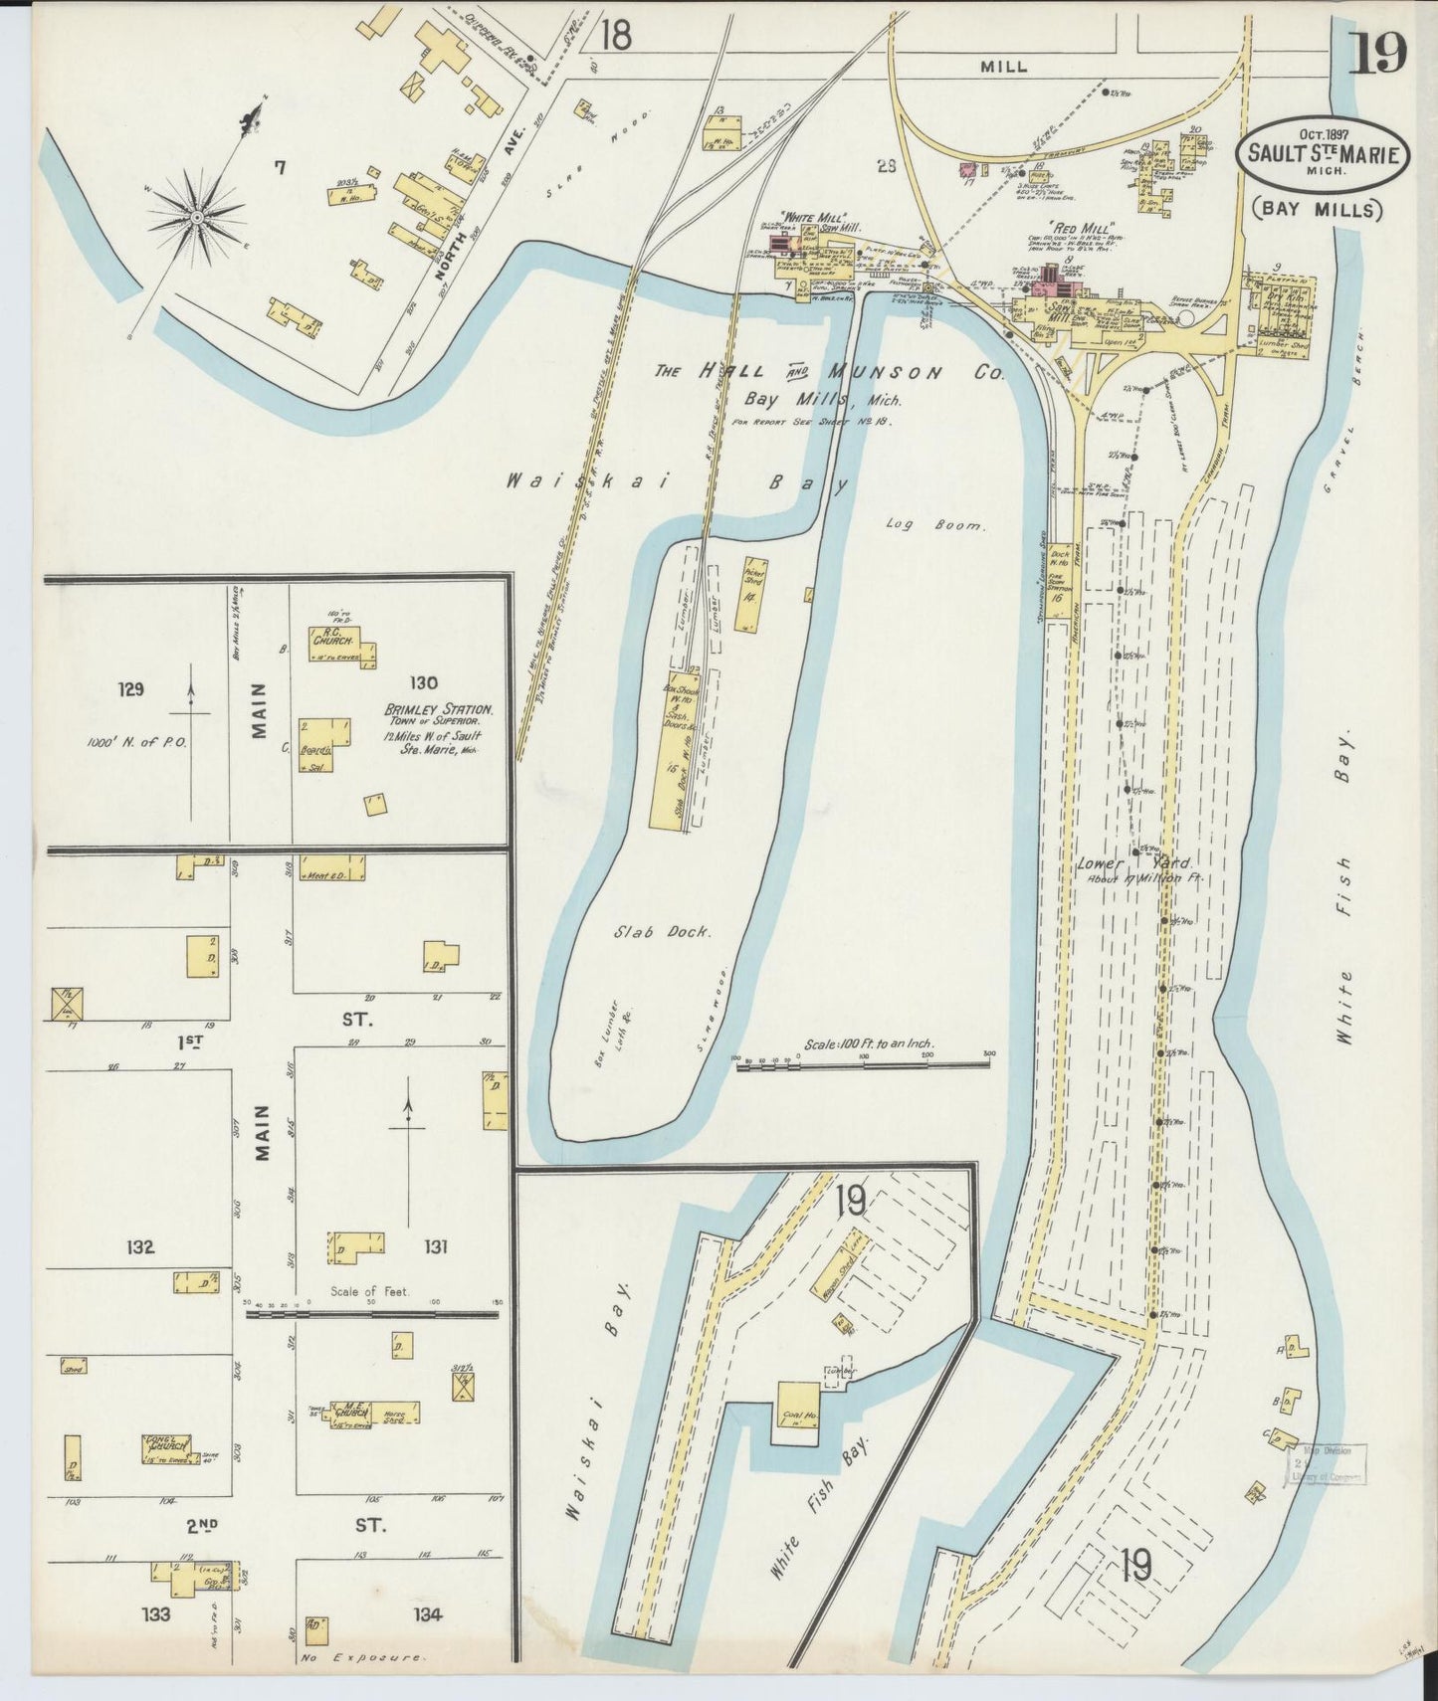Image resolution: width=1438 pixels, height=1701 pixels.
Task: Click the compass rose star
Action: (197, 215)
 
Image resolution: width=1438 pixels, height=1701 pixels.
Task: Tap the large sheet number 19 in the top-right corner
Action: (1378, 52)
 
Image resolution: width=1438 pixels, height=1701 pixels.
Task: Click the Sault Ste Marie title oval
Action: (1322, 155)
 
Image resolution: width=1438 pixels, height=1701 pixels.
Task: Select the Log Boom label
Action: (934, 525)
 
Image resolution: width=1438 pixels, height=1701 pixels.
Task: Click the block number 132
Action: (139, 1246)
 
